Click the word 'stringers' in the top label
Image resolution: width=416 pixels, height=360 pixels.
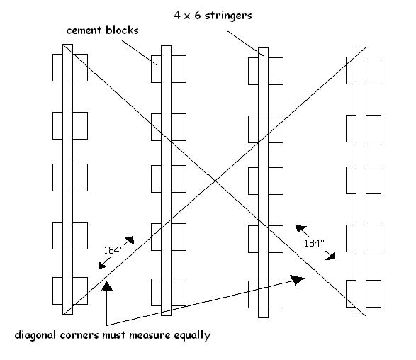pyautogui.click(x=228, y=16)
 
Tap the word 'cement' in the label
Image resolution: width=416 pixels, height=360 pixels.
pyautogui.click(x=84, y=30)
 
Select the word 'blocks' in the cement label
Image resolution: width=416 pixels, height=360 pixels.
pyautogui.click(x=122, y=30)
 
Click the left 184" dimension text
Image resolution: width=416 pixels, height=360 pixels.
pyautogui.click(x=114, y=250)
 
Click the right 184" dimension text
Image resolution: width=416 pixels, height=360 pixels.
pyautogui.click(x=315, y=243)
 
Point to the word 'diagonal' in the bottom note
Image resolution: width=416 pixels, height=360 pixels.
pyautogui.click(x=35, y=335)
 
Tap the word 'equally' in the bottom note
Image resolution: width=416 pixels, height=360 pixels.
pyautogui.click(x=192, y=336)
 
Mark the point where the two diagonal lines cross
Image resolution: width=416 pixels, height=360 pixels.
pyautogui.click(x=215, y=181)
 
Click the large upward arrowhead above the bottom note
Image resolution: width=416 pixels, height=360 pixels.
pyautogui.click(x=106, y=286)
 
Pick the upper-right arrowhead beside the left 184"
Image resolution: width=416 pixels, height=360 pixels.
pyautogui.click(x=130, y=240)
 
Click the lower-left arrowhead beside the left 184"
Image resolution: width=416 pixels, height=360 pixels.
pyautogui.click(x=102, y=265)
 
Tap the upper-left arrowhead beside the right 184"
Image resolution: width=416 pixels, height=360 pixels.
pyautogui.click(x=300, y=228)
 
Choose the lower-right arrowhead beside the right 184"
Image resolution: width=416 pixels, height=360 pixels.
pyautogui.click(x=331, y=256)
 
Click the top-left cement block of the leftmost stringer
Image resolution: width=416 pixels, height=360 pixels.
pyautogui.click(x=57, y=67)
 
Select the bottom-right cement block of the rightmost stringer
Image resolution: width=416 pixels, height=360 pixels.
pyautogui.click(x=373, y=293)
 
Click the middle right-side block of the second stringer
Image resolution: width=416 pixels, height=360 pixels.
pyautogui.click(x=179, y=179)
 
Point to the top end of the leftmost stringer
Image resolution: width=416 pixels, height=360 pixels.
pyautogui.click(x=67, y=45)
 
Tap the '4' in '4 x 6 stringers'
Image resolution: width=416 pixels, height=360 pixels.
pyautogui.click(x=177, y=15)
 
